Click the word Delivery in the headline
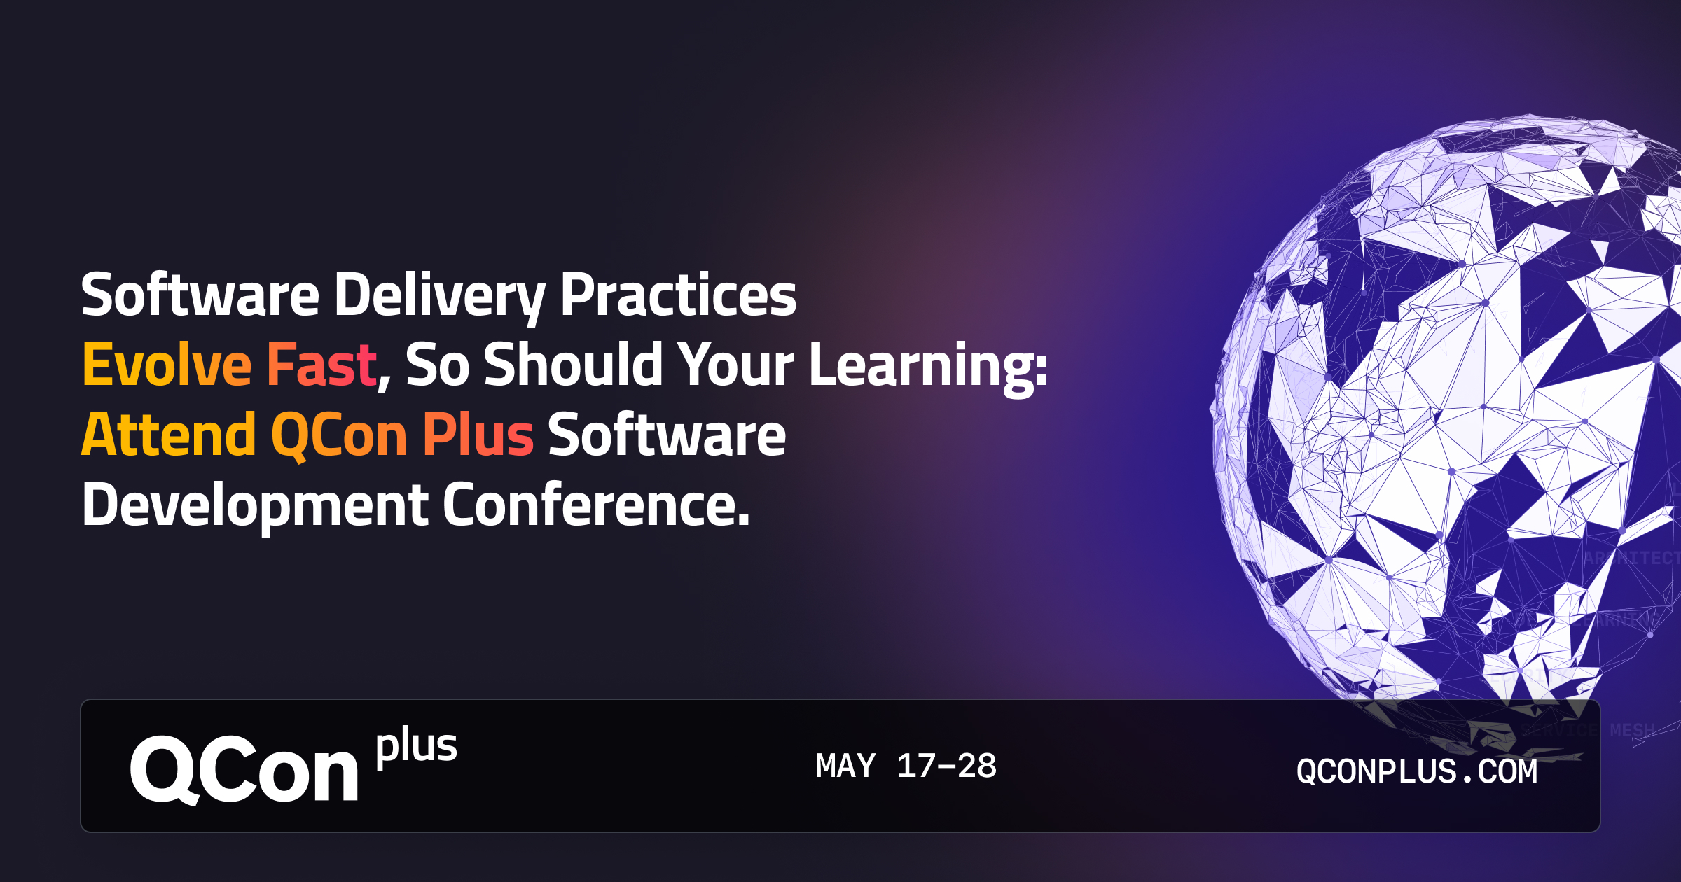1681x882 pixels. [x=439, y=295]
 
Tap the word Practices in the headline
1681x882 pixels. [x=678, y=295]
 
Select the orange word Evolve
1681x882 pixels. [x=167, y=365]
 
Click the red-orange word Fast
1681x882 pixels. [x=321, y=365]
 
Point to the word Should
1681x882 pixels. [x=572, y=365]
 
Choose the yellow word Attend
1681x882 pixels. [x=169, y=435]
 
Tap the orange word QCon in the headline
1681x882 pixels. [x=339, y=435]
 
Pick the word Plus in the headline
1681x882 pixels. [x=478, y=435]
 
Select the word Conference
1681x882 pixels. [x=595, y=505]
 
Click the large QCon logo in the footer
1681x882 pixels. [x=244, y=770]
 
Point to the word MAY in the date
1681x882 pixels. [x=845, y=766]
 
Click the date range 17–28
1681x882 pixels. [x=946, y=766]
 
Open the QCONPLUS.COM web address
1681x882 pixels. [x=1416, y=771]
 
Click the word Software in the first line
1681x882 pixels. [x=200, y=295]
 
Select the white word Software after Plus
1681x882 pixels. [x=667, y=435]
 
